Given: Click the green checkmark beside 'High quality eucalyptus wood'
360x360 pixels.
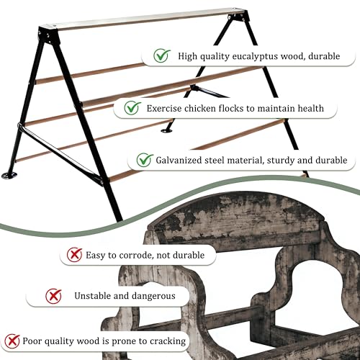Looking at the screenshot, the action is [162, 55].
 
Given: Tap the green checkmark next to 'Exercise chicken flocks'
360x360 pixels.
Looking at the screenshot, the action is [132, 107].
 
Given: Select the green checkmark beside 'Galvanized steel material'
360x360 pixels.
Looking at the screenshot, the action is [145, 160].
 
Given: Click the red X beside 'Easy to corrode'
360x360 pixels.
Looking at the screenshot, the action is [74, 254].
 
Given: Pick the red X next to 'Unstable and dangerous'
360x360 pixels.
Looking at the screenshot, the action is [53, 296].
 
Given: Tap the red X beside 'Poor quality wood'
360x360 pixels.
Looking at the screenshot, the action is [12, 341].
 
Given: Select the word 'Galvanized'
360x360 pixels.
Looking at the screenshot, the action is [179, 160].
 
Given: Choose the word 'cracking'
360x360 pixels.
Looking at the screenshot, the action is [168, 341].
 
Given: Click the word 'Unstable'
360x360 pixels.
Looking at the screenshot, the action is [93, 296].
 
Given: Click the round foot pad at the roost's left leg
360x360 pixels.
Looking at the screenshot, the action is [9, 175].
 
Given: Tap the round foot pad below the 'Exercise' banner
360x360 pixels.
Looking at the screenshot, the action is [166, 130].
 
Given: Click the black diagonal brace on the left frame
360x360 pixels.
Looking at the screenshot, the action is [60, 155].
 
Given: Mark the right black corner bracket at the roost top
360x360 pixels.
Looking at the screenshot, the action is [238, 17].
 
